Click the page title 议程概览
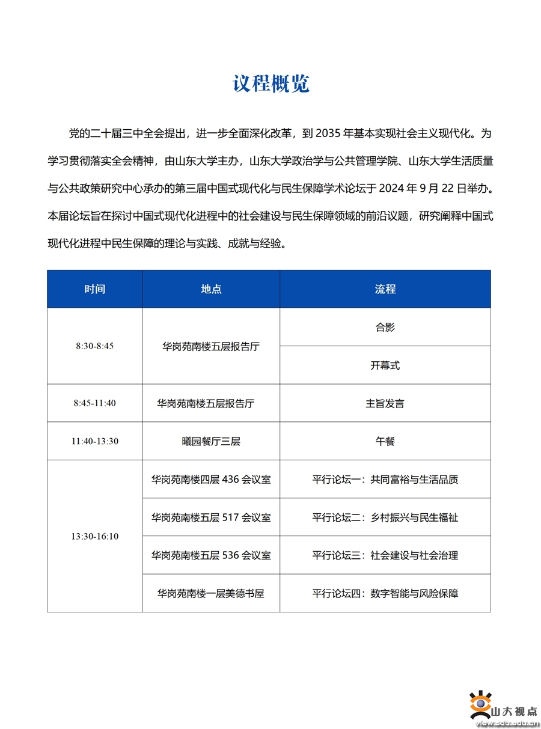pos(271,84)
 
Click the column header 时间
pos(95,289)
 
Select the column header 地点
pos(211,289)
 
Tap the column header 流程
pos(385,289)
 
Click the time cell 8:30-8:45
pos(95,346)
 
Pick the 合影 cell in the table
pos(385,328)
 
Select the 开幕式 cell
pos(385,365)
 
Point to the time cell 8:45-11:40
pos(95,403)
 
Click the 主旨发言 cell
pos(385,403)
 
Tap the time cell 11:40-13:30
pos(95,441)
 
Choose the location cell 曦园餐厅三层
pos(211,441)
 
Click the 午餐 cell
pos(385,441)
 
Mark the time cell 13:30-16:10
pos(95,536)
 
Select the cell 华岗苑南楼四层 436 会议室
pos(211,480)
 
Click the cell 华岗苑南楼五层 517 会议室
pos(211,517)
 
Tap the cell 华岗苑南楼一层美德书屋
pos(211,593)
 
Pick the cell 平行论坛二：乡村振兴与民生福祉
pos(385,517)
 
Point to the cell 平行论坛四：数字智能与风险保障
pos(385,593)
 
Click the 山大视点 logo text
pos(514,712)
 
